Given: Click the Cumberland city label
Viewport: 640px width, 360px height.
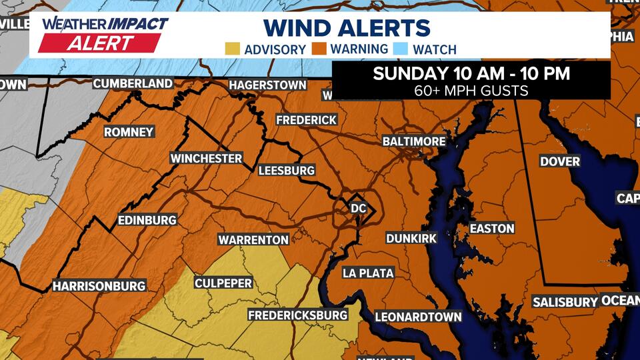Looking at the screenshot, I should pyautogui.click(x=133, y=84).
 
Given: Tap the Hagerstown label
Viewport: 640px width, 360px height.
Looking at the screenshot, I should pyautogui.click(x=267, y=85).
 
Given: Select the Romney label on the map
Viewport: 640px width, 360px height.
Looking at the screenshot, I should pyautogui.click(x=129, y=132).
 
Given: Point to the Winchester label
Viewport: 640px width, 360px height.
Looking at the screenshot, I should pyautogui.click(x=206, y=159).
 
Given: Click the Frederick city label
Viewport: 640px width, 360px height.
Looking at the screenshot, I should pyautogui.click(x=307, y=120).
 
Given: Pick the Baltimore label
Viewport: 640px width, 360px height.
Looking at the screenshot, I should pyautogui.click(x=414, y=141).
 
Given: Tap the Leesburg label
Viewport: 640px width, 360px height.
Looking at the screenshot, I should pyautogui.click(x=286, y=171).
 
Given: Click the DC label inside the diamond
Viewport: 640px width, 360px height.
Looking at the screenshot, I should pyautogui.click(x=359, y=209).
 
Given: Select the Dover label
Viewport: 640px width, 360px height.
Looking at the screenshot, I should pyautogui.click(x=560, y=161).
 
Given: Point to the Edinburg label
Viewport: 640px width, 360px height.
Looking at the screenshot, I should pyautogui.click(x=146, y=220).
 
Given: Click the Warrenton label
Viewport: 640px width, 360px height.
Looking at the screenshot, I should pyautogui.click(x=253, y=239).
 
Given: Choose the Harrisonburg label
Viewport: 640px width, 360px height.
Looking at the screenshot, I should pyautogui.click(x=99, y=286).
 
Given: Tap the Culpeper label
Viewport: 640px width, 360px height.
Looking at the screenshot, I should pyautogui.click(x=223, y=283).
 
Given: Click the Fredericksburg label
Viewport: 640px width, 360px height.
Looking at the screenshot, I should pyautogui.click(x=298, y=315).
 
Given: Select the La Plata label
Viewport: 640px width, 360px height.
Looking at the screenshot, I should pyautogui.click(x=368, y=273).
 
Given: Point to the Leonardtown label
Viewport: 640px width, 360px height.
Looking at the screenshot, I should pyautogui.click(x=418, y=317).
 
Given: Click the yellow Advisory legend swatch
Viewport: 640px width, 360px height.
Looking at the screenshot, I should pyautogui.click(x=233, y=49).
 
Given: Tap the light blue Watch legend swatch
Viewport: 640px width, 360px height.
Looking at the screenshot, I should pyautogui.click(x=401, y=49).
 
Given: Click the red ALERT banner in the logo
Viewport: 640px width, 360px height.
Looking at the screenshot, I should pyautogui.click(x=99, y=43).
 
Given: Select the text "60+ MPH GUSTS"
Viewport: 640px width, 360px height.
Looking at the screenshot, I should pyautogui.click(x=471, y=90).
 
